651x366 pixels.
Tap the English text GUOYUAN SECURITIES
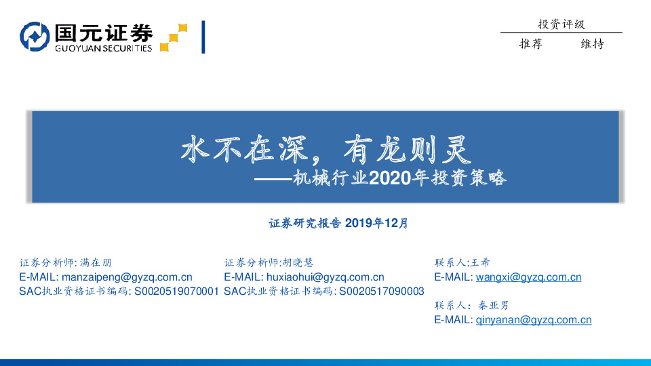pos(103,48)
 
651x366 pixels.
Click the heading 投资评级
pos(561,24)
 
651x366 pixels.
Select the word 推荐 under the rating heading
pos(530,44)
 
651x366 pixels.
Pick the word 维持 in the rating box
pos(592,44)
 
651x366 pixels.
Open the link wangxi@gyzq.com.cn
pos(528,277)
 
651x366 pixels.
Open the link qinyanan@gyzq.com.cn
pos(534,320)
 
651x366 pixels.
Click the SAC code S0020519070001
pos(177,291)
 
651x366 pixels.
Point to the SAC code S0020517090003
pos(381,291)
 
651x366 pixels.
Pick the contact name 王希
pos(479,262)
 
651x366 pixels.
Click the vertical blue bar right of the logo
pos(203,37)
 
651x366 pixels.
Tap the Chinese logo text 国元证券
pos(103,33)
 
